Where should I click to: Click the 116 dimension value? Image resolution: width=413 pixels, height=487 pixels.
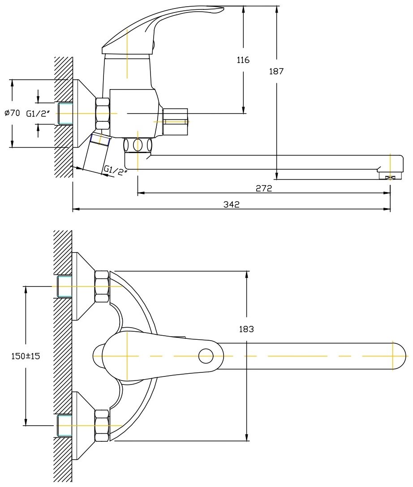(243, 60)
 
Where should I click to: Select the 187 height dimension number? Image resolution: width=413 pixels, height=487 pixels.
(276, 72)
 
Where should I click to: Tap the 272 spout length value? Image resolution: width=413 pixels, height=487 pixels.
(264, 188)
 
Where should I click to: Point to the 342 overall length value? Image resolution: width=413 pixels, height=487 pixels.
(232, 205)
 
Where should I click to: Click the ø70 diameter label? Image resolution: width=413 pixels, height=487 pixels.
(13, 113)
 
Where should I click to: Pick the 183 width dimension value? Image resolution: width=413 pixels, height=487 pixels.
(246, 329)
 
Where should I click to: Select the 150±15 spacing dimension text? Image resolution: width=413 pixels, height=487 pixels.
(26, 356)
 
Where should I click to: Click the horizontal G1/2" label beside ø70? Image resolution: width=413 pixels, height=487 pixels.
(38, 114)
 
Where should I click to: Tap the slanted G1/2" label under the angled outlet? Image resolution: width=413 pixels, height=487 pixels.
(115, 171)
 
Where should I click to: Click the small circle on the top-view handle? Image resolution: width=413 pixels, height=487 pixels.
(206, 356)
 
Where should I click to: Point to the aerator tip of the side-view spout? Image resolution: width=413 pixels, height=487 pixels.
(390, 177)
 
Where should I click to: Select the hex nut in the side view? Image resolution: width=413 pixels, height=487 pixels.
(103, 114)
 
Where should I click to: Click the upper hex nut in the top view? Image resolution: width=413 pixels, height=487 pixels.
(102, 286)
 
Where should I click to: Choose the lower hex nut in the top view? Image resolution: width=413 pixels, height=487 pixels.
(102, 426)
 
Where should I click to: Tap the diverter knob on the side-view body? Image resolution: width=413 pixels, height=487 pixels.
(176, 121)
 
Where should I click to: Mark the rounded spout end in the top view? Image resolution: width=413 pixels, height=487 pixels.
(399, 356)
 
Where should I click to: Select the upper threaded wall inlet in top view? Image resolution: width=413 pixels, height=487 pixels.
(65, 286)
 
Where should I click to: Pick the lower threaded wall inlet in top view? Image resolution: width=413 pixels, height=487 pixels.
(65, 426)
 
